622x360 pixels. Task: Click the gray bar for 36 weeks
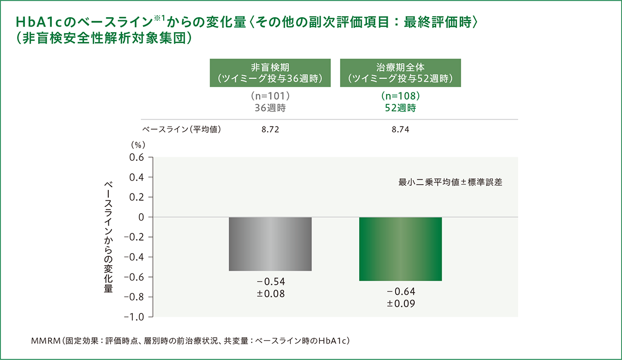point(270,244)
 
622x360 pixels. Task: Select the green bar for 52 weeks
point(400,249)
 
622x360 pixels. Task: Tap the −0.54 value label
point(270,282)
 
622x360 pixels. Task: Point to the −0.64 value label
point(400,292)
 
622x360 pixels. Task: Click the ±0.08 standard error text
point(270,294)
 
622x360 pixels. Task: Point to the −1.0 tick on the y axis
point(134,316)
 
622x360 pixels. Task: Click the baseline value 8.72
point(270,130)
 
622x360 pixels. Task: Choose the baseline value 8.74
point(400,130)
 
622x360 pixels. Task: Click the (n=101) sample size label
point(270,97)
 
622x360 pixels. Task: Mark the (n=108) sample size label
point(400,97)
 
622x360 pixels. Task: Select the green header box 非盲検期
point(270,73)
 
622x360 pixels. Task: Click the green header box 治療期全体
point(400,73)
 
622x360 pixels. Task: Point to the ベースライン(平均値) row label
point(181,130)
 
